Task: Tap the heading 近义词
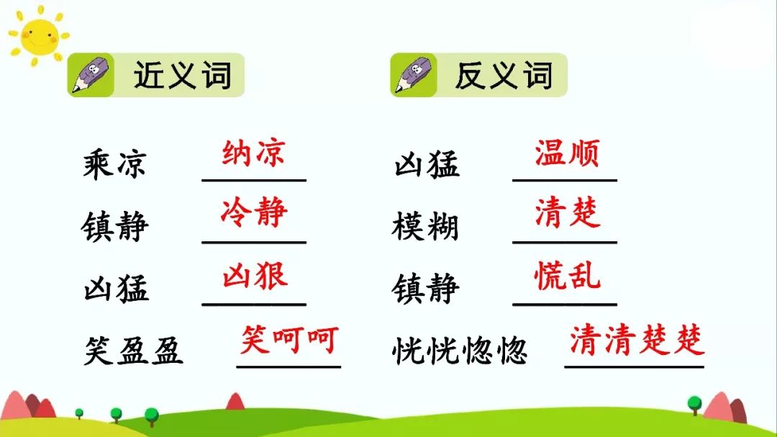183,75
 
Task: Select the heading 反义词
504,75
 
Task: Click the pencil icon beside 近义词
90,76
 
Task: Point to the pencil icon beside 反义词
412,76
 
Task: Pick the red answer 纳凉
254,153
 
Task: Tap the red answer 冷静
254,213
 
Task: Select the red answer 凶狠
254,276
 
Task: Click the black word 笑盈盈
133,351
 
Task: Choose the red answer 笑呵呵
288,338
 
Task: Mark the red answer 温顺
566,153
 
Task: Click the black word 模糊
425,227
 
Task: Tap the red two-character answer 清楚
567,213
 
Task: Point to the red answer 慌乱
567,276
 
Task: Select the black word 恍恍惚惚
460,351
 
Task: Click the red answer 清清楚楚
637,340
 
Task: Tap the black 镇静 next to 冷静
115,227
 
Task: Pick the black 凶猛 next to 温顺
425,164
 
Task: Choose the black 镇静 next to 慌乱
425,289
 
